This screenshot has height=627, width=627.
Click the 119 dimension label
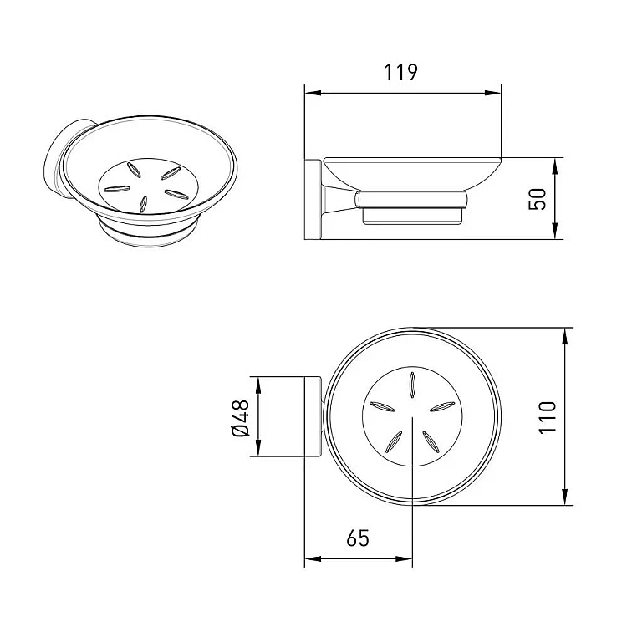coord(400,73)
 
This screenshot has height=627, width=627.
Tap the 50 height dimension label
coord(537,199)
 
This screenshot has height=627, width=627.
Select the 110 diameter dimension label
coord(548,417)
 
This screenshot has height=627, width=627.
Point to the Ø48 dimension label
coord(240,418)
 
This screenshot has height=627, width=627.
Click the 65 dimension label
coord(358,538)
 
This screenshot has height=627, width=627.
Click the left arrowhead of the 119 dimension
coord(313,93)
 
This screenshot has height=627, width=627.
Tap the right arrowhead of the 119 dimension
coord(492,93)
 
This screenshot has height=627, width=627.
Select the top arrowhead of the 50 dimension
coord(554,166)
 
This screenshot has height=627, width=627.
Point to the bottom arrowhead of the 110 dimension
coord(564,497)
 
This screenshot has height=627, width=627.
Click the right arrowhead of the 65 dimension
coord(404,558)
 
